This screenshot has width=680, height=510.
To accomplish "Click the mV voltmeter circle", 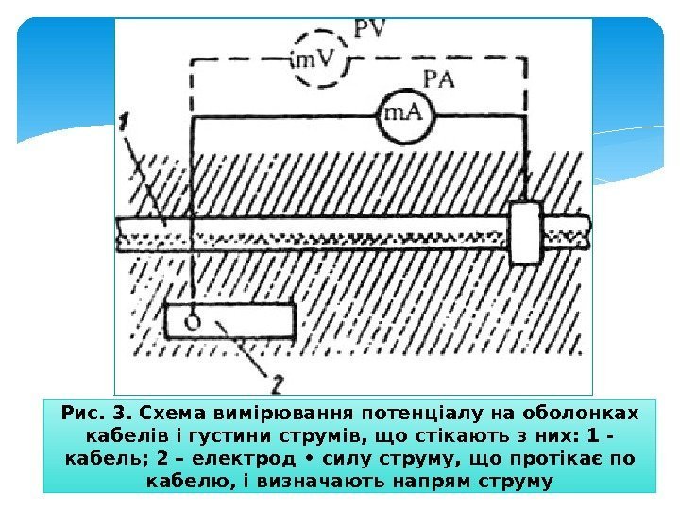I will [x=314, y=59].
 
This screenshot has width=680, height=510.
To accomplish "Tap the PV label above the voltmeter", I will [x=371, y=27].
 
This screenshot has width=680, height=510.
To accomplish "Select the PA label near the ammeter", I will [x=439, y=78].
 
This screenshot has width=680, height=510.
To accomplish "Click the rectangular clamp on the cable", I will [x=524, y=232].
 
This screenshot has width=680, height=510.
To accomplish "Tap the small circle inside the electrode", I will [x=193, y=321].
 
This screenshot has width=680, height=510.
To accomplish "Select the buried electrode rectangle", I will [x=229, y=321].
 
